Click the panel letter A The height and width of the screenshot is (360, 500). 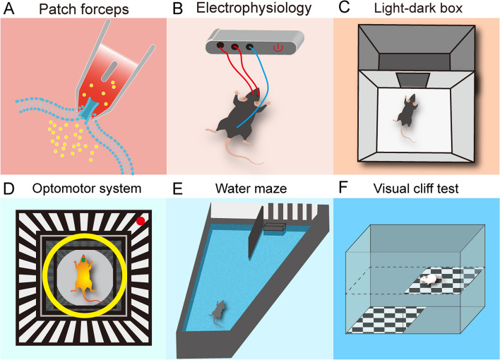click(x=10, y=9)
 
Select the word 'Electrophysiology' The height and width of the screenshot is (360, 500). click(x=257, y=10)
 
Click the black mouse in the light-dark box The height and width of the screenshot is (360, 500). click(x=405, y=113)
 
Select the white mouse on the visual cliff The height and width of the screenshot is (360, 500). click(x=430, y=280)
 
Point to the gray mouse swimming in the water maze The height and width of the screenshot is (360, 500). click(x=219, y=308)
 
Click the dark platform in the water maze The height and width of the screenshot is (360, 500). click(x=273, y=227)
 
